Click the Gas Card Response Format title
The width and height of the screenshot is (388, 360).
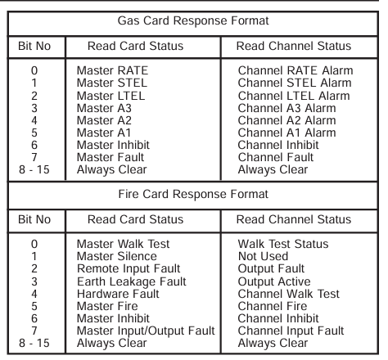tap(193, 21)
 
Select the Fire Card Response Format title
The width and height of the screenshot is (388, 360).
tap(193, 194)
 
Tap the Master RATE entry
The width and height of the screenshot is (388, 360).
tap(112, 70)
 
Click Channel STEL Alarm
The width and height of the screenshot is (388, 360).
tap(295, 83)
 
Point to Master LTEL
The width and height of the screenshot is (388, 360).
tap(111, 96)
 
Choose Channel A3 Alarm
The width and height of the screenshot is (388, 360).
tap(286, 108)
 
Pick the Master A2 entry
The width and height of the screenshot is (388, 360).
tap(104, 120)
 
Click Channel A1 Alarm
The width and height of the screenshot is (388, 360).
tap(286, 133)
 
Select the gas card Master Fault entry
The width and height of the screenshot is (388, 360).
tap(111, 157)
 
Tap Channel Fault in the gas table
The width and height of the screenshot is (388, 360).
tap(276, 157)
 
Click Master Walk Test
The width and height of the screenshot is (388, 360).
tap(123, 244)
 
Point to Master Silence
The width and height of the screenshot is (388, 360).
tap(117, 256)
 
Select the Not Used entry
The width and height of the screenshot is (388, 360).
tap(263, 256)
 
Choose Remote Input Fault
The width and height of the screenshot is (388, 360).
tap(129, 268)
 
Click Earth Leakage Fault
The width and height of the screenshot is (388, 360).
tap(132, 281)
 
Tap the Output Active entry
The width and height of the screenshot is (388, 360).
tap(274, 281)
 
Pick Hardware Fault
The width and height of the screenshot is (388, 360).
tap(118, 294)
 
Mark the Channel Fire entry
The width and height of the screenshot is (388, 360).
tap(273, 306)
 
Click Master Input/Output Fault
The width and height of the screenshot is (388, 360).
tap(146, 331)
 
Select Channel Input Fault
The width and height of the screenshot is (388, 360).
tap(291, 331)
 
